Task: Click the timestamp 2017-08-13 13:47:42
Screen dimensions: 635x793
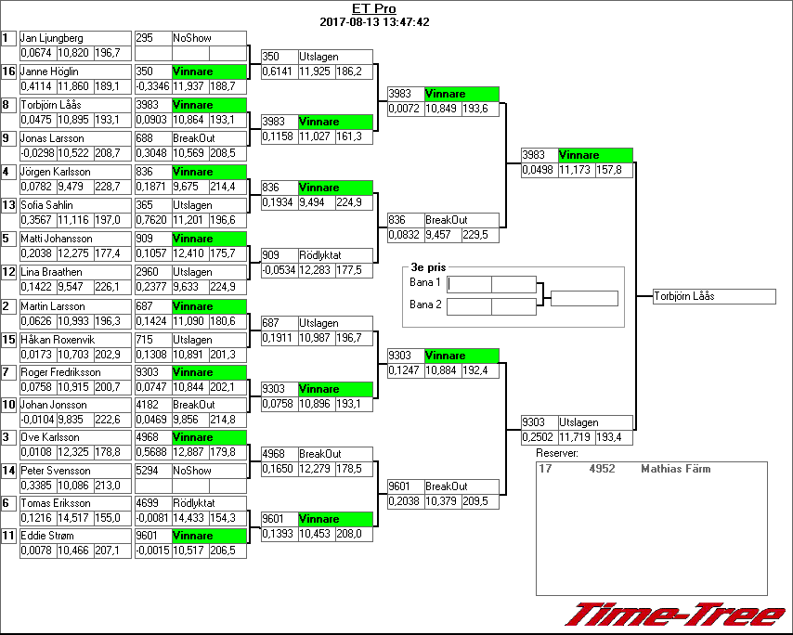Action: click(x=374, y=22)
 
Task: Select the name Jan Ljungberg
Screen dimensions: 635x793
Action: click(x=52, y=38)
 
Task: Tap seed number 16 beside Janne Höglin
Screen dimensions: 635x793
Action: click(x=8, y=71)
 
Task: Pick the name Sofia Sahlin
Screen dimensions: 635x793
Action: click(x=46, y=205)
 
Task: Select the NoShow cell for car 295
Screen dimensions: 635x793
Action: click(x=192, y=38)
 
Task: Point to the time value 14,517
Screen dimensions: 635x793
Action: click(x=74, y=517)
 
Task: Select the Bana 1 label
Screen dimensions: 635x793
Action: click(x=424, y=281)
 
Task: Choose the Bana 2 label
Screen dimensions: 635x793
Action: click(x=424, y=304)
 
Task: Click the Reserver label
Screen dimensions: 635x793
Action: click(x=557, y=453)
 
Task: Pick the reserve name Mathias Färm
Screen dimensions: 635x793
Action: click(x=675, y=469)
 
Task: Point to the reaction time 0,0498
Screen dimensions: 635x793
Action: click(x=538, y=170)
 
